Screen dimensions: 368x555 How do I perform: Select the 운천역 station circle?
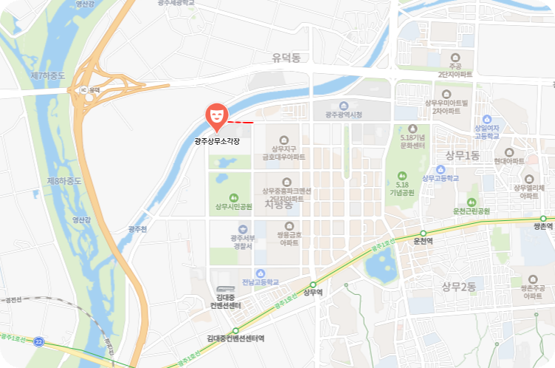pos(423,233)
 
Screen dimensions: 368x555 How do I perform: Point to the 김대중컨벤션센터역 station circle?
pos(235,330)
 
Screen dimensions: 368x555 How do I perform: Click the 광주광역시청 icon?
pos(343,106)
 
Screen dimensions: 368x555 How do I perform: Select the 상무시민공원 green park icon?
pos(234,197)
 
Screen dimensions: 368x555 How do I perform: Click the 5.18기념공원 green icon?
pos(401,176)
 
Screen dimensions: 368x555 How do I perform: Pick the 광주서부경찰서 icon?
pos(243,228)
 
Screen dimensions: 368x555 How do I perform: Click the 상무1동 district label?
pos(462,154)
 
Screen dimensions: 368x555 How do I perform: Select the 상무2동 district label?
pos(458,287)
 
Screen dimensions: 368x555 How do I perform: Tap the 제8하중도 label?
pos(63,180)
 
